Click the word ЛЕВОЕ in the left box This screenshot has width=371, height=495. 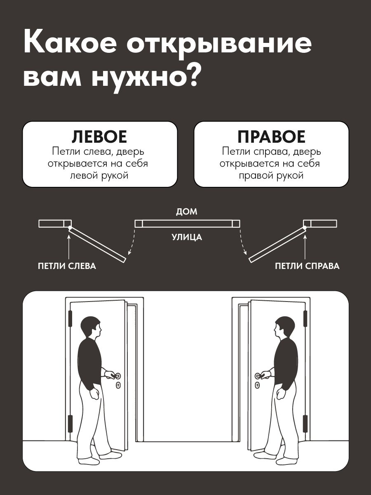tap(99, 137)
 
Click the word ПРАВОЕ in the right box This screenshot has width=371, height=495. tap(271, 137)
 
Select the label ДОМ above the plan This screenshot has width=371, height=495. tap(186, 212)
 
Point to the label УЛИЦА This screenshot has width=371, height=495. tap(187, 238)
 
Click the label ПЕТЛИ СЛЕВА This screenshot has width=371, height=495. tap(67, 266)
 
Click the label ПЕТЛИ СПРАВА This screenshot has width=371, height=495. tap(307, 266)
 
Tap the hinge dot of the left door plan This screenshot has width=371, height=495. tap(70, 228)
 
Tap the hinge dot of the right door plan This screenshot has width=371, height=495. tap(305, 228)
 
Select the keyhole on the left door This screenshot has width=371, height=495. tap(118, 386)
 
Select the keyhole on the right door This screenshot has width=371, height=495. tap(257, 386)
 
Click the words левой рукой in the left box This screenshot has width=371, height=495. tap(99, 175)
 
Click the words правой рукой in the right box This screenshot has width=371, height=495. tap(271, 175)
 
